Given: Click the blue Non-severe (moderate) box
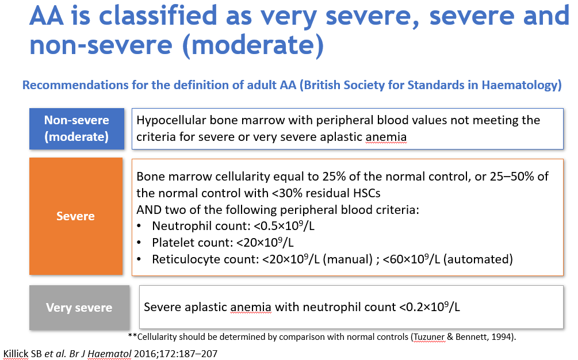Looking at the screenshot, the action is click(x=76, y=129).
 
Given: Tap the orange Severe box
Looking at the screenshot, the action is click(x=76, y=216).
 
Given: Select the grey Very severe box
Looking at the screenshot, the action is click(x=79, y=308).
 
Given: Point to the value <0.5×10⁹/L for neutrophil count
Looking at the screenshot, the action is click(x=284, y=225).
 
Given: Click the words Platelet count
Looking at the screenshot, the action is click(x=192, y=243).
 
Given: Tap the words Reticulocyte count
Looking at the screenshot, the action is click(x=205, y=259).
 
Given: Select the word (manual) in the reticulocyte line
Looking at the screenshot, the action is click(x=348, y=259).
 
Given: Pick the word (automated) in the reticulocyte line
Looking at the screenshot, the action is click(x=478, y=259).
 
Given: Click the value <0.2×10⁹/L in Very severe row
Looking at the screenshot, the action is click(x=430, y=307).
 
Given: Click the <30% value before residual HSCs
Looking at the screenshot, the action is click(x=287, y=193).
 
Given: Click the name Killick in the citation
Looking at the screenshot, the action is click(x=16, y=354).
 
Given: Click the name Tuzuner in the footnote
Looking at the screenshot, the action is click(x=428, y=337).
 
